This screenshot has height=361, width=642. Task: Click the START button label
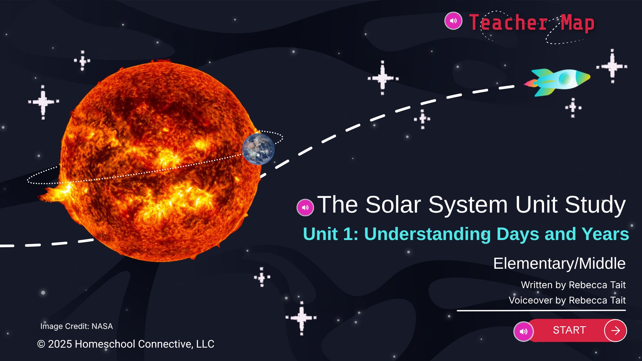569,330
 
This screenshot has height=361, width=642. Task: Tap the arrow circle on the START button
615,331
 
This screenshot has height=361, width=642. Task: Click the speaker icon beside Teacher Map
453,21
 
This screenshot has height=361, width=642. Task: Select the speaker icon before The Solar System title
305,208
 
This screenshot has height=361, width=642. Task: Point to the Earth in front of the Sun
258,149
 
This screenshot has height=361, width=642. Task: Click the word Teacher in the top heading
508,23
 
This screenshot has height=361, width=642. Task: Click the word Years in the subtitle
605,234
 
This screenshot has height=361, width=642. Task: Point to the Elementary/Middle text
559,263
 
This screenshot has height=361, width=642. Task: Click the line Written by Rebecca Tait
573,285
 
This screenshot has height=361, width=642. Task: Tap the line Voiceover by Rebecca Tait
567,300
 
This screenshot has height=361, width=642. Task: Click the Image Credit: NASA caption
77,326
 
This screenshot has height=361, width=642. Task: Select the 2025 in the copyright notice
60,344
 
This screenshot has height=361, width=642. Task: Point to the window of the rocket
565,79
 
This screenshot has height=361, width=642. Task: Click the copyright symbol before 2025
41,344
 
